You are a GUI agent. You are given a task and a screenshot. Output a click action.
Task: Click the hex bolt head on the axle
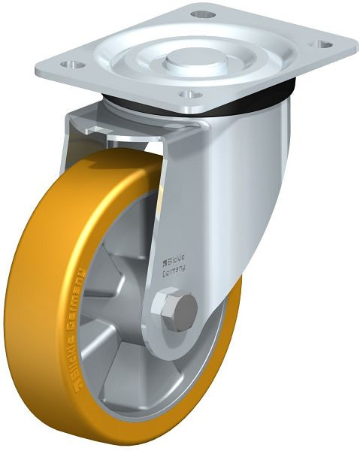pos(173,309)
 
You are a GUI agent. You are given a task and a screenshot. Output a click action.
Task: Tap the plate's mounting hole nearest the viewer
pos(189,95)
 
